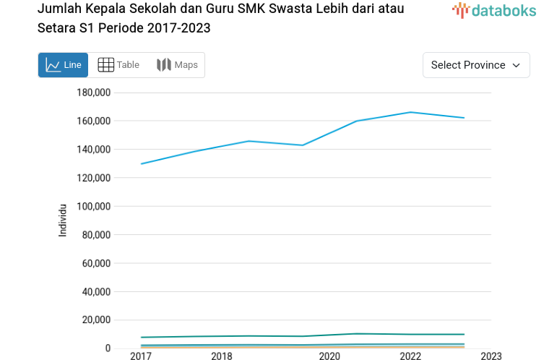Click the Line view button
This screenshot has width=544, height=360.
pos(63,65)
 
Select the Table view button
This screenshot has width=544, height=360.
pos(118,65)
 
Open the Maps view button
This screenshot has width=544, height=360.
pos(177,65)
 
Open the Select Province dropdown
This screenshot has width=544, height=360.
pos(476,65)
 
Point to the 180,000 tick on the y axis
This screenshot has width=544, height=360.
pos(93,93)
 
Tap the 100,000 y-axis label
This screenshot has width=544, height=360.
pos(93,206)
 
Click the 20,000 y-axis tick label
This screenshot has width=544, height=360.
pos(96,320)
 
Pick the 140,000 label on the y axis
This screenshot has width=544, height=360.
pos(93,150)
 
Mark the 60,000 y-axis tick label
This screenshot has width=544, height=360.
pos(96,263)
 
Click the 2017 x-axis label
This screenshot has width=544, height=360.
pos(141,356)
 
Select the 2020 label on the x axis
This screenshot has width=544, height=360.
pos(329,356)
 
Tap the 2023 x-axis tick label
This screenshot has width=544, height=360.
pos(491,356)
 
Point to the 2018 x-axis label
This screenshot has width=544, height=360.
pos(222,356)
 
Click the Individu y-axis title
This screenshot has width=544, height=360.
pos(63,220)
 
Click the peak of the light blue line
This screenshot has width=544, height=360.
pos(410,112)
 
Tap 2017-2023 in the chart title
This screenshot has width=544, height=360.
pos(178,28)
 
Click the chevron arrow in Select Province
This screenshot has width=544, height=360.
pos(516,65)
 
